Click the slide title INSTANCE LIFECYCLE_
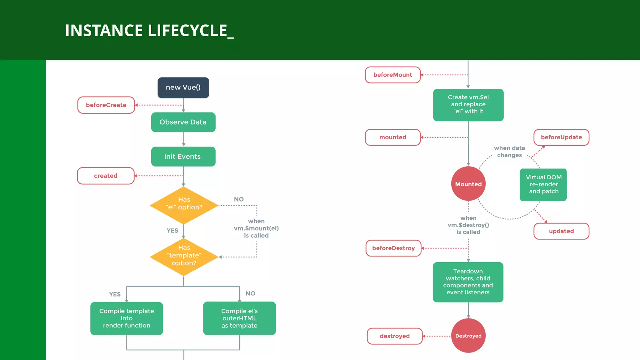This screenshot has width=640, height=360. (x=149, y=31)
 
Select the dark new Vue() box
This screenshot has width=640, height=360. (x=183, y=88)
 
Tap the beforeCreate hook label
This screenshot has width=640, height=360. (x=106, y=105)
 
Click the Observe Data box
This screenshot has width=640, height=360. (x=183, y=122)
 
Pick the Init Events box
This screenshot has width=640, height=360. (x=183, y=157)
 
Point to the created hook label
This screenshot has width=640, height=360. (x=106, y=176)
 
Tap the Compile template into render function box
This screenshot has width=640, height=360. (x=127, y=318)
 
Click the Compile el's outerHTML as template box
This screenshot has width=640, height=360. (x=239, y=318)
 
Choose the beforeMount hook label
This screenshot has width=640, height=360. (x=393, y=75)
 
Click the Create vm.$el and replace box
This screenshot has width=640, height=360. (x=468, y=105)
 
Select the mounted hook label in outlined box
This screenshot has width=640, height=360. (x=393, y=137)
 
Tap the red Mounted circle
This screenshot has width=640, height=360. (x=468, y=184)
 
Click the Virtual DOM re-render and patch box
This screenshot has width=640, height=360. (x=543, y=184)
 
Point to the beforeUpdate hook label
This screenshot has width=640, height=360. (x=561, y=137)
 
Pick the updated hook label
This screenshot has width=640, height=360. (x=561, y=231)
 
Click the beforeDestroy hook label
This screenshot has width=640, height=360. (x=393, y=248)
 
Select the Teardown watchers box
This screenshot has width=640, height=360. (x=468, y=282)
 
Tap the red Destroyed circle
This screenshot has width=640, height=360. (x=468, y=336)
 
